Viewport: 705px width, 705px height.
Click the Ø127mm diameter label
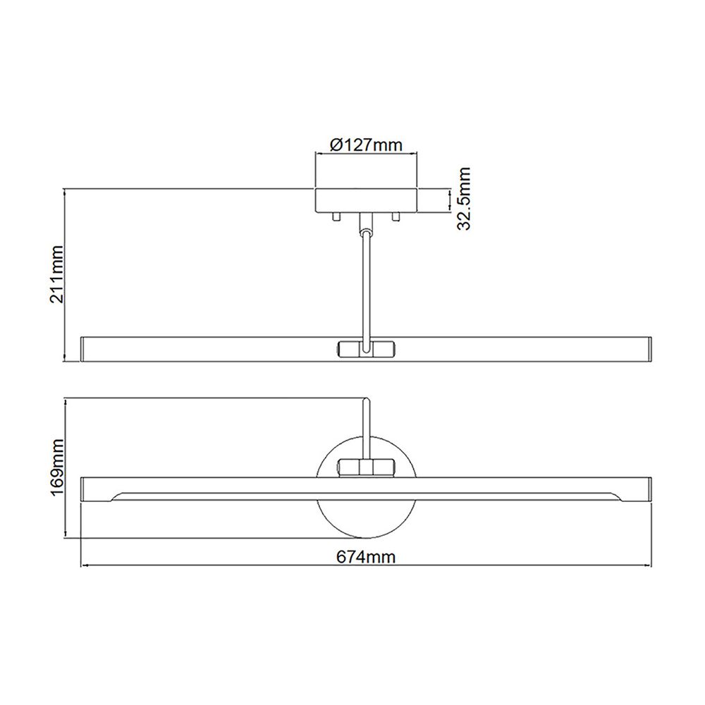(x=366, y=145)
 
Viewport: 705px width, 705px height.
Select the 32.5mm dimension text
(x=463, y=199)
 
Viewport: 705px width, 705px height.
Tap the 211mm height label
(x=57, y=274)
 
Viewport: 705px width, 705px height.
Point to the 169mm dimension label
(x=57, y=469)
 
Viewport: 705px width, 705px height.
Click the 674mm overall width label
(x=365, y=558)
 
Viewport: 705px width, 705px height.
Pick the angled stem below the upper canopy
(x=366, y=282)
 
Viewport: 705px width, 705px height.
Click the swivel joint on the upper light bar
(x=366, y=349)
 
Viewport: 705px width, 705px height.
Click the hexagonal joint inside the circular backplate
(x=366, y=467)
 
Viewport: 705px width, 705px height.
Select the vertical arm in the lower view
(x=365, y=427)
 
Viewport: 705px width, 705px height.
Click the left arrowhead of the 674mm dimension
(x=85, y=565)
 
